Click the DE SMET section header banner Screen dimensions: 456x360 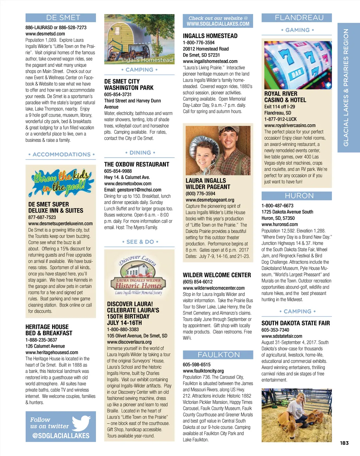tap(60, 18)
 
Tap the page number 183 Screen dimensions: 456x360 tap(344, 443)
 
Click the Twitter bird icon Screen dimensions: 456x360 tap(81, 423)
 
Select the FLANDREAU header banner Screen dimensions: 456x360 tap(297, 18)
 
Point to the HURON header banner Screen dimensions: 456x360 tap(297, 196)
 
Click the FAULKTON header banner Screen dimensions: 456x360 tap(218, 355)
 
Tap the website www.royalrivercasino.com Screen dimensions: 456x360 tap(290, 125)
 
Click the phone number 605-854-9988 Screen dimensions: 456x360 tap(118, 171)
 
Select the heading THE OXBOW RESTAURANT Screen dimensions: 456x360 tap(136, 164)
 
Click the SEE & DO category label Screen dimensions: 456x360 tap(140, 242)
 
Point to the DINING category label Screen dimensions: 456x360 tap(140, 153)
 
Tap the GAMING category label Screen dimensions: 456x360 tap(297, 30)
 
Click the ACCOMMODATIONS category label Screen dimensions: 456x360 tap(61, 154)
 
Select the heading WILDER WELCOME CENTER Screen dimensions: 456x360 tap(217, 275)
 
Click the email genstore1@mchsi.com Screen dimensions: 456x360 tap(133, 190)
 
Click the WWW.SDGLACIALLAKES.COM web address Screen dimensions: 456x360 tap(218, 24)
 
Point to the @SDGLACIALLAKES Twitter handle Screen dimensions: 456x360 tap(60, 436)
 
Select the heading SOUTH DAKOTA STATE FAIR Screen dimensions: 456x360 tap(295, 323)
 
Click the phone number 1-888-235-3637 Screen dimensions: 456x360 tap(41, 340)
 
